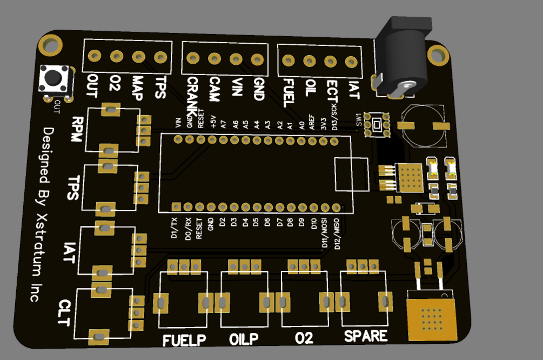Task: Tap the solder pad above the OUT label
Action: (95, 56)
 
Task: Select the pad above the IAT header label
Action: (351, 62)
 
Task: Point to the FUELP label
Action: (185, 341)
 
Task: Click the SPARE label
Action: (366, 336)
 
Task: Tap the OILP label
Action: (244, 339)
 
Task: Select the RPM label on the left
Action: (78, 130)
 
